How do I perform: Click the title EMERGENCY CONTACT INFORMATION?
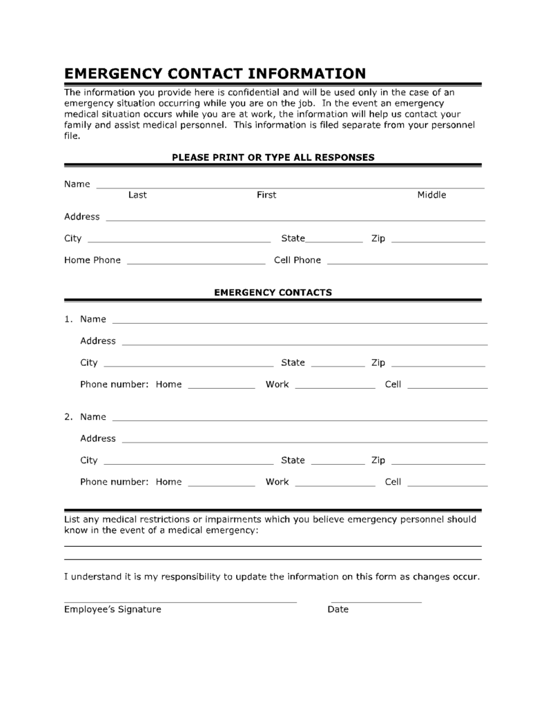pos(215,73)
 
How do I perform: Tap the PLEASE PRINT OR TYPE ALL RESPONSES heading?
pos(273,157)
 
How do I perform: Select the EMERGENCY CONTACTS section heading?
pos(273,292)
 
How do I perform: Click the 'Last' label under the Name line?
pos(137,195)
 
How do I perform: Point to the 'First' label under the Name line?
pos(266,195)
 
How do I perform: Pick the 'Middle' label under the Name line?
pos(431,195)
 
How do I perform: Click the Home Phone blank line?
pos(196,263)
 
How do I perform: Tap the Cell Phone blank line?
pos(407,263)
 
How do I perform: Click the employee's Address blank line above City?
pos(295,220)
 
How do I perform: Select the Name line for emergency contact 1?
pos(299,322)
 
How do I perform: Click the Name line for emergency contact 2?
pos(299,419)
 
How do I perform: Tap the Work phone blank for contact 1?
pos(335,387)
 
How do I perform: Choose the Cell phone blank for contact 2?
pos(447,485)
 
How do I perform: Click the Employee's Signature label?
pos(113,610)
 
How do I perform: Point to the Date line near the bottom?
pos(376,601)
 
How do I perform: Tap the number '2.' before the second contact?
pos(69,417)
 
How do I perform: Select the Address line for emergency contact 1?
pos(304,343)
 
